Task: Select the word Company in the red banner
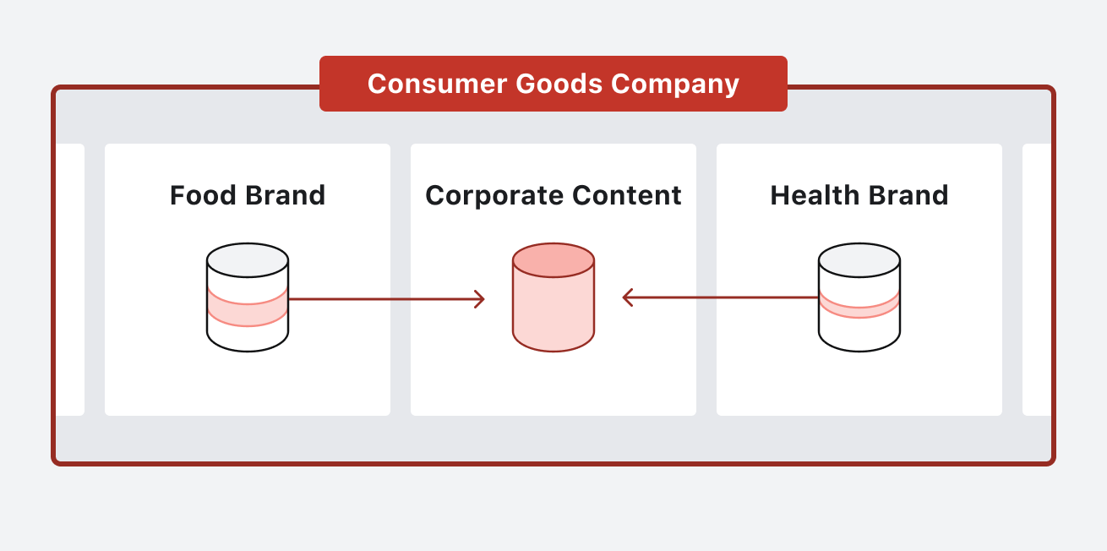click(x=675, y=84)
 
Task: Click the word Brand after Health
click(x=908, y=195)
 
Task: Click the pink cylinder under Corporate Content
click(x=553, y=308)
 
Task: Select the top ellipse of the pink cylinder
click(x=553, y=260)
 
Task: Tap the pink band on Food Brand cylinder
click(x=248, y=311)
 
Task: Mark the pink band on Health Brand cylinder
click(x=859, y=307)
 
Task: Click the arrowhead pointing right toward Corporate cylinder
click(x=480, y=298)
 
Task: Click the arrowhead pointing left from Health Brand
click(x=627, y=297)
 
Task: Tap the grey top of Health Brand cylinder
click(x=859, y=260)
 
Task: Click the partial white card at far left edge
click(x=71, y=279)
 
